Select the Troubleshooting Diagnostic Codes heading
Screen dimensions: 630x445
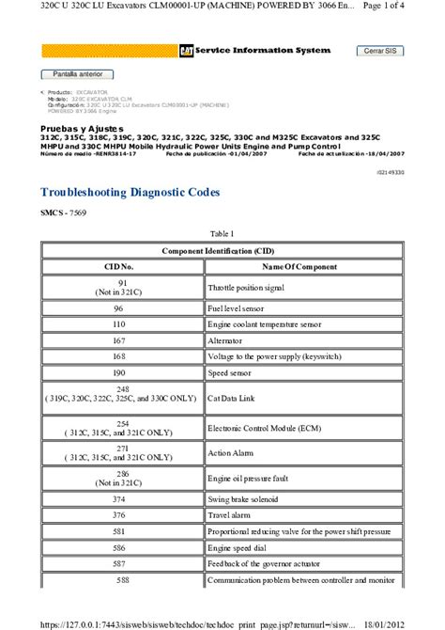coord(130,192)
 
